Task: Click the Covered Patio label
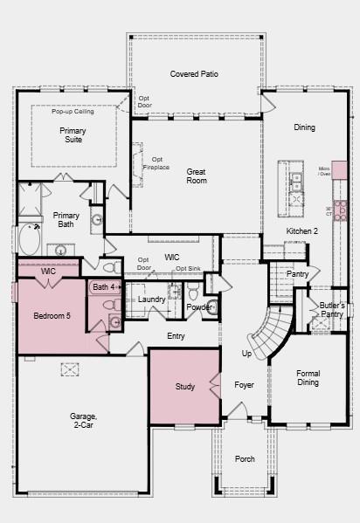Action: pyautogui.click(x=194, y=74)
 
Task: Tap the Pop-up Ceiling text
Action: pyautogui.click(x=73, y=112)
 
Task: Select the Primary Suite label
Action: pyautogui.click(x=73, y=135)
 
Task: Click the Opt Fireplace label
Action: pyautogui.click(x=158, y=163)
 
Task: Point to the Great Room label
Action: pyautogui.click(x=197, y=175)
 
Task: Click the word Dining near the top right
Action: pyautogui.click(x=304, y=127)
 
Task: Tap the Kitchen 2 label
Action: pyautogui.click(x=302, y=231)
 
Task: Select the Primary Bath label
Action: pyautogui.click(x=66, y=219)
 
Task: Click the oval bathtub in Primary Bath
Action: pyautogui.click(x=29, y=239)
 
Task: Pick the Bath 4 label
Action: pyautogui.click(x=104, y=286)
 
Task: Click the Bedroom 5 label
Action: pyautogui.click(x=52, y=315)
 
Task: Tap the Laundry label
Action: pyautogui.click(x=152, y=299)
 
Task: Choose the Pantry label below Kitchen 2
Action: pyautogui.click(x=297, y=273)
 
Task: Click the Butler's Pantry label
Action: pyautogui.click(x=332, y=310)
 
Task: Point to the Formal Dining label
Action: pyautogui.click(x=308, y=378)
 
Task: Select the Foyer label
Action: pyautogui.click(x=244, y=384)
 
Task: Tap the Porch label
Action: pyautogui.click(x=245, y=458)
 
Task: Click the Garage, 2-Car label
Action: pyautogui.click(x=85, y=421)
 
